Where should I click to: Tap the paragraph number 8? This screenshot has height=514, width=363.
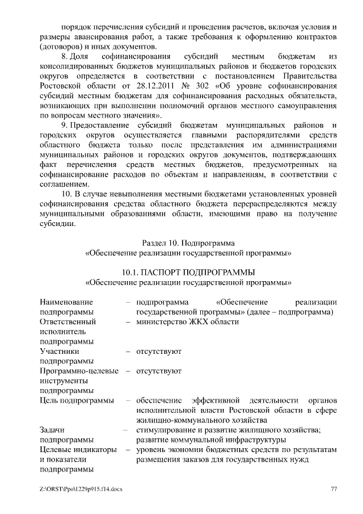pos(64,57)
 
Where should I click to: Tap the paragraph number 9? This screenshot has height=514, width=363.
pos(64,124)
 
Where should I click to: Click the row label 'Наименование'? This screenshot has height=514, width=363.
pos(66,302)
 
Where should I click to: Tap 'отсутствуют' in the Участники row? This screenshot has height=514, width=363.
pos(159,351)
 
